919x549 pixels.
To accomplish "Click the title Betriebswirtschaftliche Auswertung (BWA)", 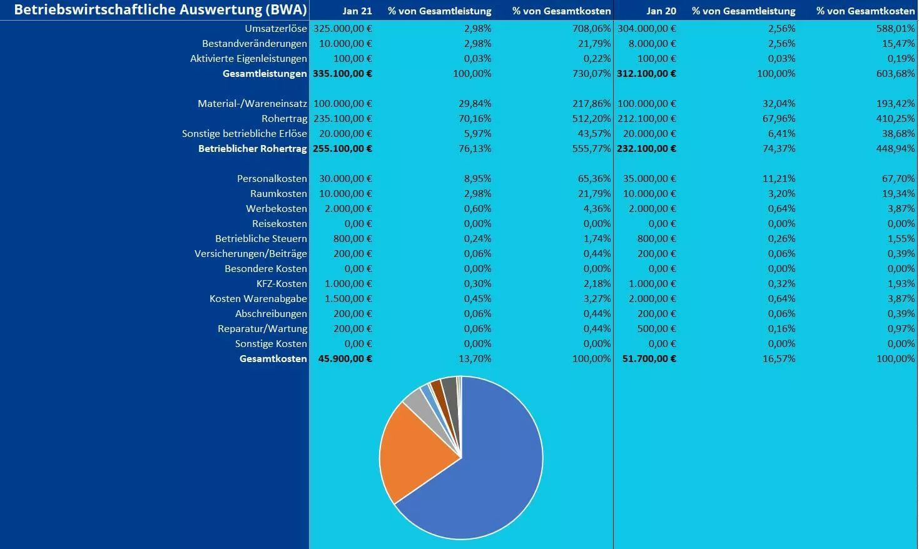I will coord(160,10).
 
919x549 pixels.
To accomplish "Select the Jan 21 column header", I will coord(357,11).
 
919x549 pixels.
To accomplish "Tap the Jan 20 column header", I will coord(661,11).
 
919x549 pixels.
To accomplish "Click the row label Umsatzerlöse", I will coord(276,29).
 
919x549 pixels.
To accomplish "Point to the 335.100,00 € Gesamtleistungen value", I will coord(342,74).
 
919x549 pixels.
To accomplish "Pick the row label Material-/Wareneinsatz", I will coord(252,104).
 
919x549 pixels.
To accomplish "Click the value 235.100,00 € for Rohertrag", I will coord(342,119).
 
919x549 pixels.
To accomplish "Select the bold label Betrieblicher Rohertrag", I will coord(252,149).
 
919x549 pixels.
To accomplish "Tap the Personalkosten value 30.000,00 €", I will coord(345,179).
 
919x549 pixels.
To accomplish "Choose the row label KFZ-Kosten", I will coord(282,284).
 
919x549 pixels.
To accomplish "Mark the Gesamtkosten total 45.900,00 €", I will coord(345,359).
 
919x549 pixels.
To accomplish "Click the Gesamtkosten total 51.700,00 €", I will coord(649,359).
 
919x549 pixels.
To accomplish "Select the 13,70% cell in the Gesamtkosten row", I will coord(477,359).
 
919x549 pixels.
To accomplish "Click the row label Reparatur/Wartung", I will coord(262,329).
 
